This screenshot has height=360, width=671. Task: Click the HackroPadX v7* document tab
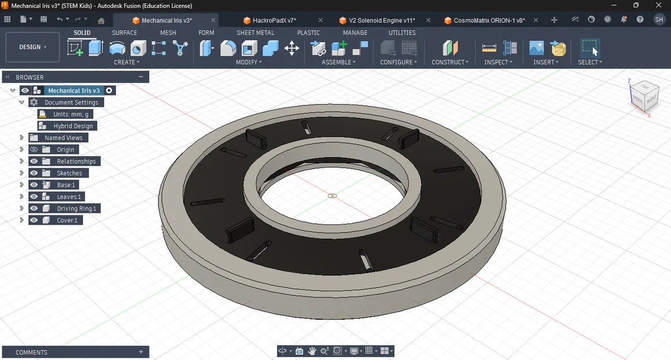274,20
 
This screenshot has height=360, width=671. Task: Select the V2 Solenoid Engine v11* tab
381,20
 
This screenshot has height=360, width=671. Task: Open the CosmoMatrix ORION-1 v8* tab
488,20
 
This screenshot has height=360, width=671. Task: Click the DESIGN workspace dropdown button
33,47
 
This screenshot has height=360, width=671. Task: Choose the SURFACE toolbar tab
124,33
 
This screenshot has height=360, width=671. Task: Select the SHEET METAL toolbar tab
255,33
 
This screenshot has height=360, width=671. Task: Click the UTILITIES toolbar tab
401,33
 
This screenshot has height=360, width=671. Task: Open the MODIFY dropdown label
249,62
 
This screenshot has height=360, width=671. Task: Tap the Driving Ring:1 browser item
76,209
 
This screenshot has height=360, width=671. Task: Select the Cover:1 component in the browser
67,220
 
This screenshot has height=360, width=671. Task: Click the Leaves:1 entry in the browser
69,197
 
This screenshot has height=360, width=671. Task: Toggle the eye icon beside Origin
34,150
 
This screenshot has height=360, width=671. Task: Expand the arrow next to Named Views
22,138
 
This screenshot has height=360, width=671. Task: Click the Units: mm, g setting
70,114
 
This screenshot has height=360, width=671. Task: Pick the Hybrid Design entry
73,126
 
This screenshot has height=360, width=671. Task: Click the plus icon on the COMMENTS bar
141,352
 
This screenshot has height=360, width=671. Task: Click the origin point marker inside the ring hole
332,196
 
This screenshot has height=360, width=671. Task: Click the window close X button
659,5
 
